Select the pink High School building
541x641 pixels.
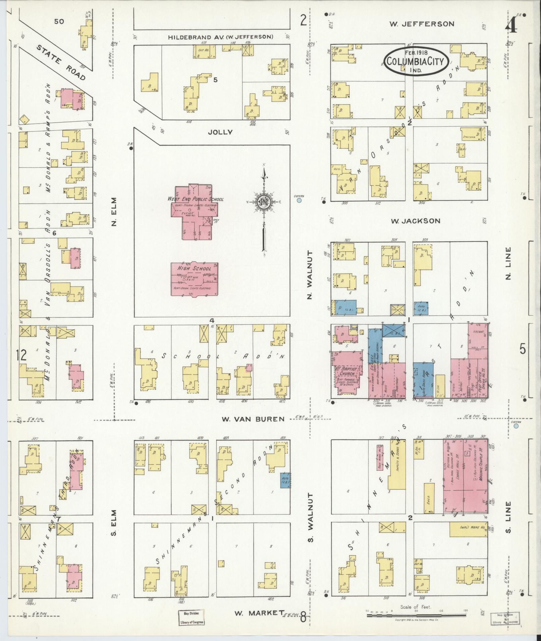[x=195, y=279]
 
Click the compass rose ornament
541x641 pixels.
[x=264, y=202]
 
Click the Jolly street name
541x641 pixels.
[x=220, y=132]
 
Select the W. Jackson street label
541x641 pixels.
[x=416, y=221]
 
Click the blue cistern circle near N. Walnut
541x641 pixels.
[x=299, y=201]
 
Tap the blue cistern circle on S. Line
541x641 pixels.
[x=516, y=427]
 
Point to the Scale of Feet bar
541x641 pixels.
[x=416, y=616]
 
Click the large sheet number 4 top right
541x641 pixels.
[x=510, y=25]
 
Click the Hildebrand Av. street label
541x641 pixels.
[x=220, y=37]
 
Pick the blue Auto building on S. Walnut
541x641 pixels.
[x=285, y=480]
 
